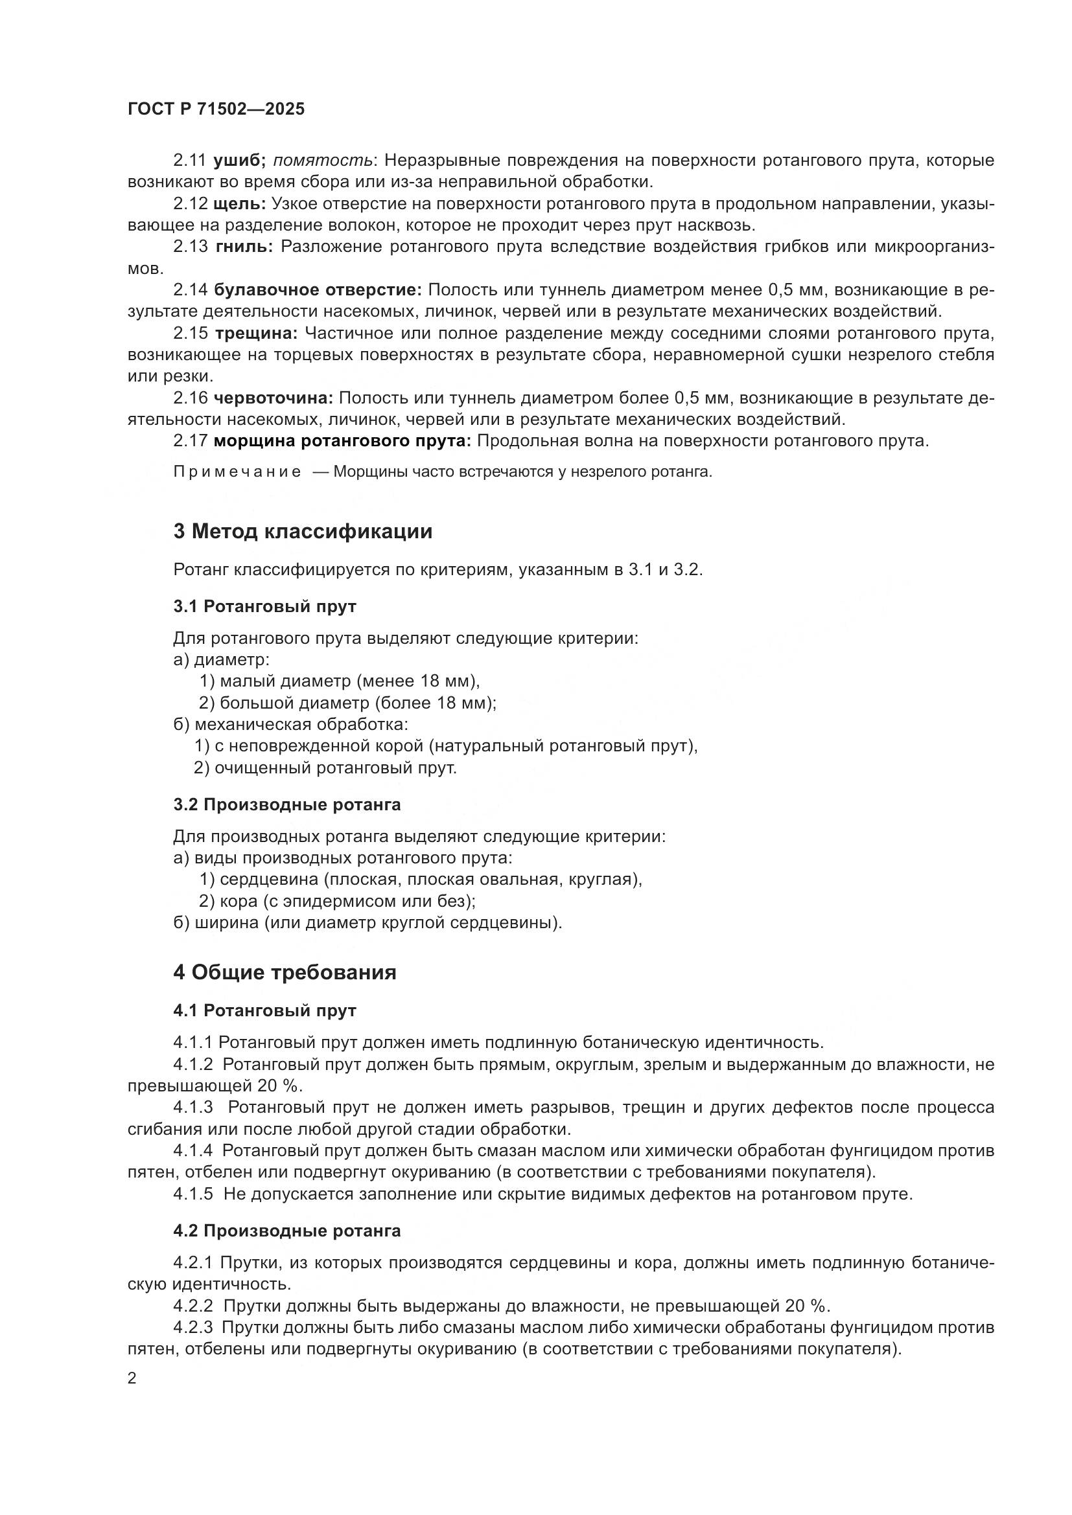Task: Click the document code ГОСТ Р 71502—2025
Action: click(216, 109)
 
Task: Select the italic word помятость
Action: click(322, 161)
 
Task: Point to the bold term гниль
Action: click(244, 247)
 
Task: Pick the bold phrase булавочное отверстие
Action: click(318, 290)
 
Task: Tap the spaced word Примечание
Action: click(237, 472)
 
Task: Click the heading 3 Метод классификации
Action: click(302, 531)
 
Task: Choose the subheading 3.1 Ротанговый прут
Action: click(264, 606)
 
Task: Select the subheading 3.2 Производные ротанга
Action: click(286, 805)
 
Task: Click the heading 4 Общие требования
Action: click(285, 973)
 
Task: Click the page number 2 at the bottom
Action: click(132, 1379)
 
